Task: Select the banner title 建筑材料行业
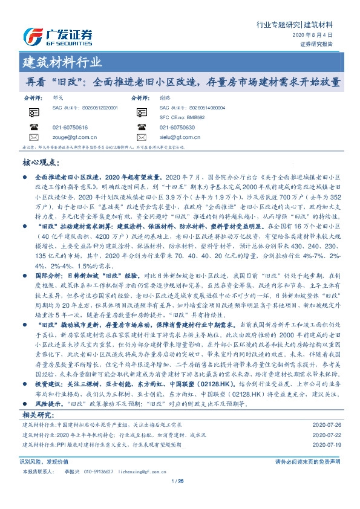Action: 62,62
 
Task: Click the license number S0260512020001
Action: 97,107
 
